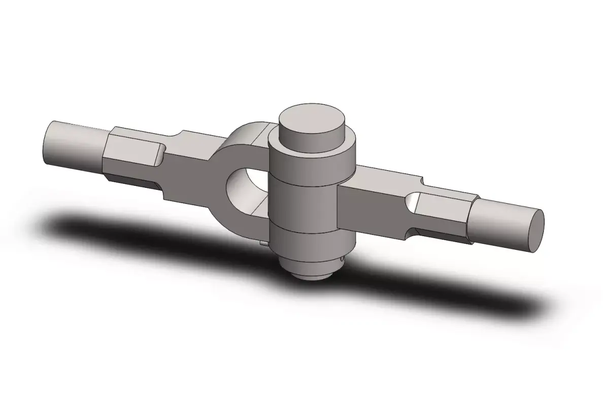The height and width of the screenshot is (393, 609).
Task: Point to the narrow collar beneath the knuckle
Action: tap(310, 265)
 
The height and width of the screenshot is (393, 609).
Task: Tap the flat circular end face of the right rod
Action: tap(537, 231)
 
